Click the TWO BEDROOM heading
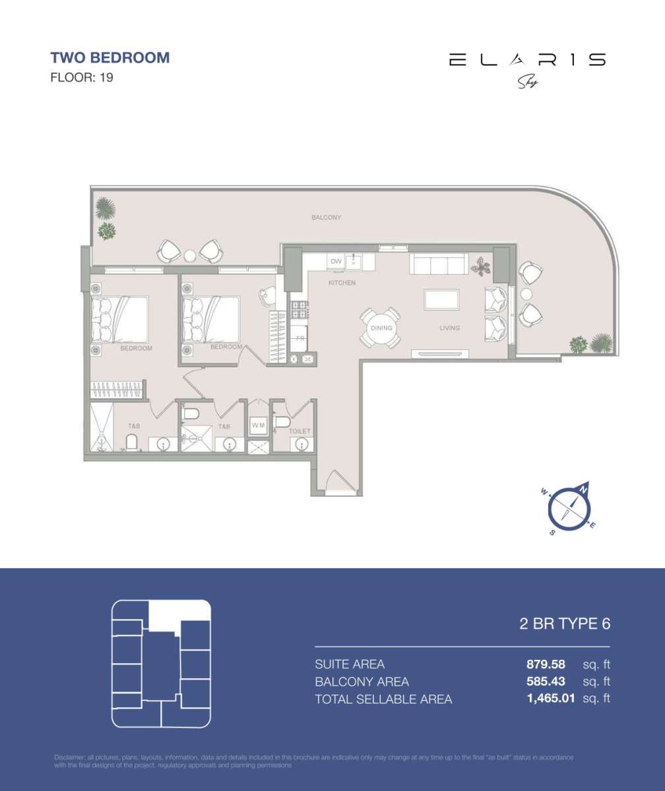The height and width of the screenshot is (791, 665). [110, 57]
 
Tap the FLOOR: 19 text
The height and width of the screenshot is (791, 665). [82, 78]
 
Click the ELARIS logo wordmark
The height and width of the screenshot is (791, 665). [526, 60]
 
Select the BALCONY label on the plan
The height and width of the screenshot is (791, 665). [326, 218]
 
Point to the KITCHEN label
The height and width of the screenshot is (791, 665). [342, 283]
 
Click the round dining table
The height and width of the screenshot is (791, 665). [381, 328]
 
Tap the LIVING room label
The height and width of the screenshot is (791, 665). [450, 328]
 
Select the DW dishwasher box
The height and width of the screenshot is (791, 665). [336, 262]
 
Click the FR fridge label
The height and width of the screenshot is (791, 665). [300, 338]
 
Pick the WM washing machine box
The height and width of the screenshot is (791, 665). [258, 426]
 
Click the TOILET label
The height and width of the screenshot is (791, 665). [300, 432]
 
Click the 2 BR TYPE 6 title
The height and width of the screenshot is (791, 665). [565, 624]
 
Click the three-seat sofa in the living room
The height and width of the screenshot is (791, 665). [439, 265]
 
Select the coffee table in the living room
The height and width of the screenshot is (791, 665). [442, 299]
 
